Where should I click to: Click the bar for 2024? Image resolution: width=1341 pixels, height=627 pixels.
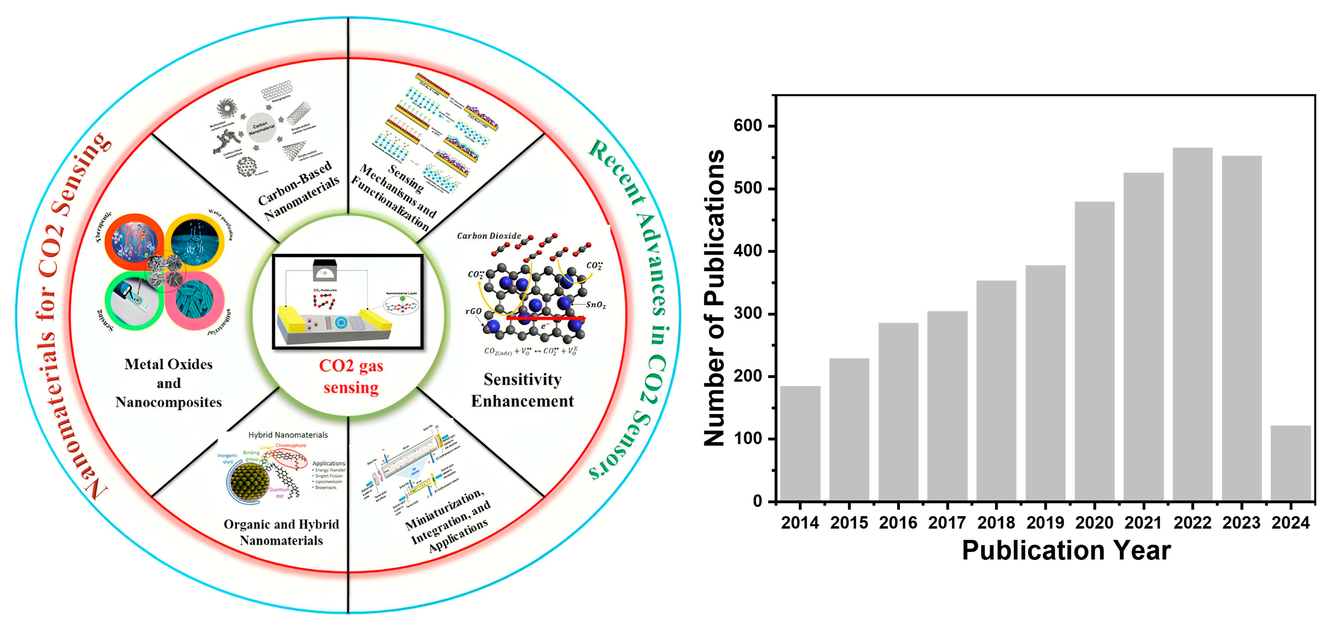click(x=1291, y=463)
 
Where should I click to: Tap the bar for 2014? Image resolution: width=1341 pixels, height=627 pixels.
click(x=800, y=443)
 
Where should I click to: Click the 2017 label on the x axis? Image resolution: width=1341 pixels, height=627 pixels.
click(x=947, y=522)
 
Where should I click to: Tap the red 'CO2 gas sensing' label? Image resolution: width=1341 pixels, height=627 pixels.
click(x=351, y=377)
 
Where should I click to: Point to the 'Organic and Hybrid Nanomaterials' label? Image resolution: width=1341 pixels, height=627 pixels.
click(x=281, y=532)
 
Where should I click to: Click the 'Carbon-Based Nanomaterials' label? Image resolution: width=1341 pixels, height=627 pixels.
click(x=298, y=191)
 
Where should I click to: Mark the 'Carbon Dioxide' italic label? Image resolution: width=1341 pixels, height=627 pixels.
click(x=489, y=236)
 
